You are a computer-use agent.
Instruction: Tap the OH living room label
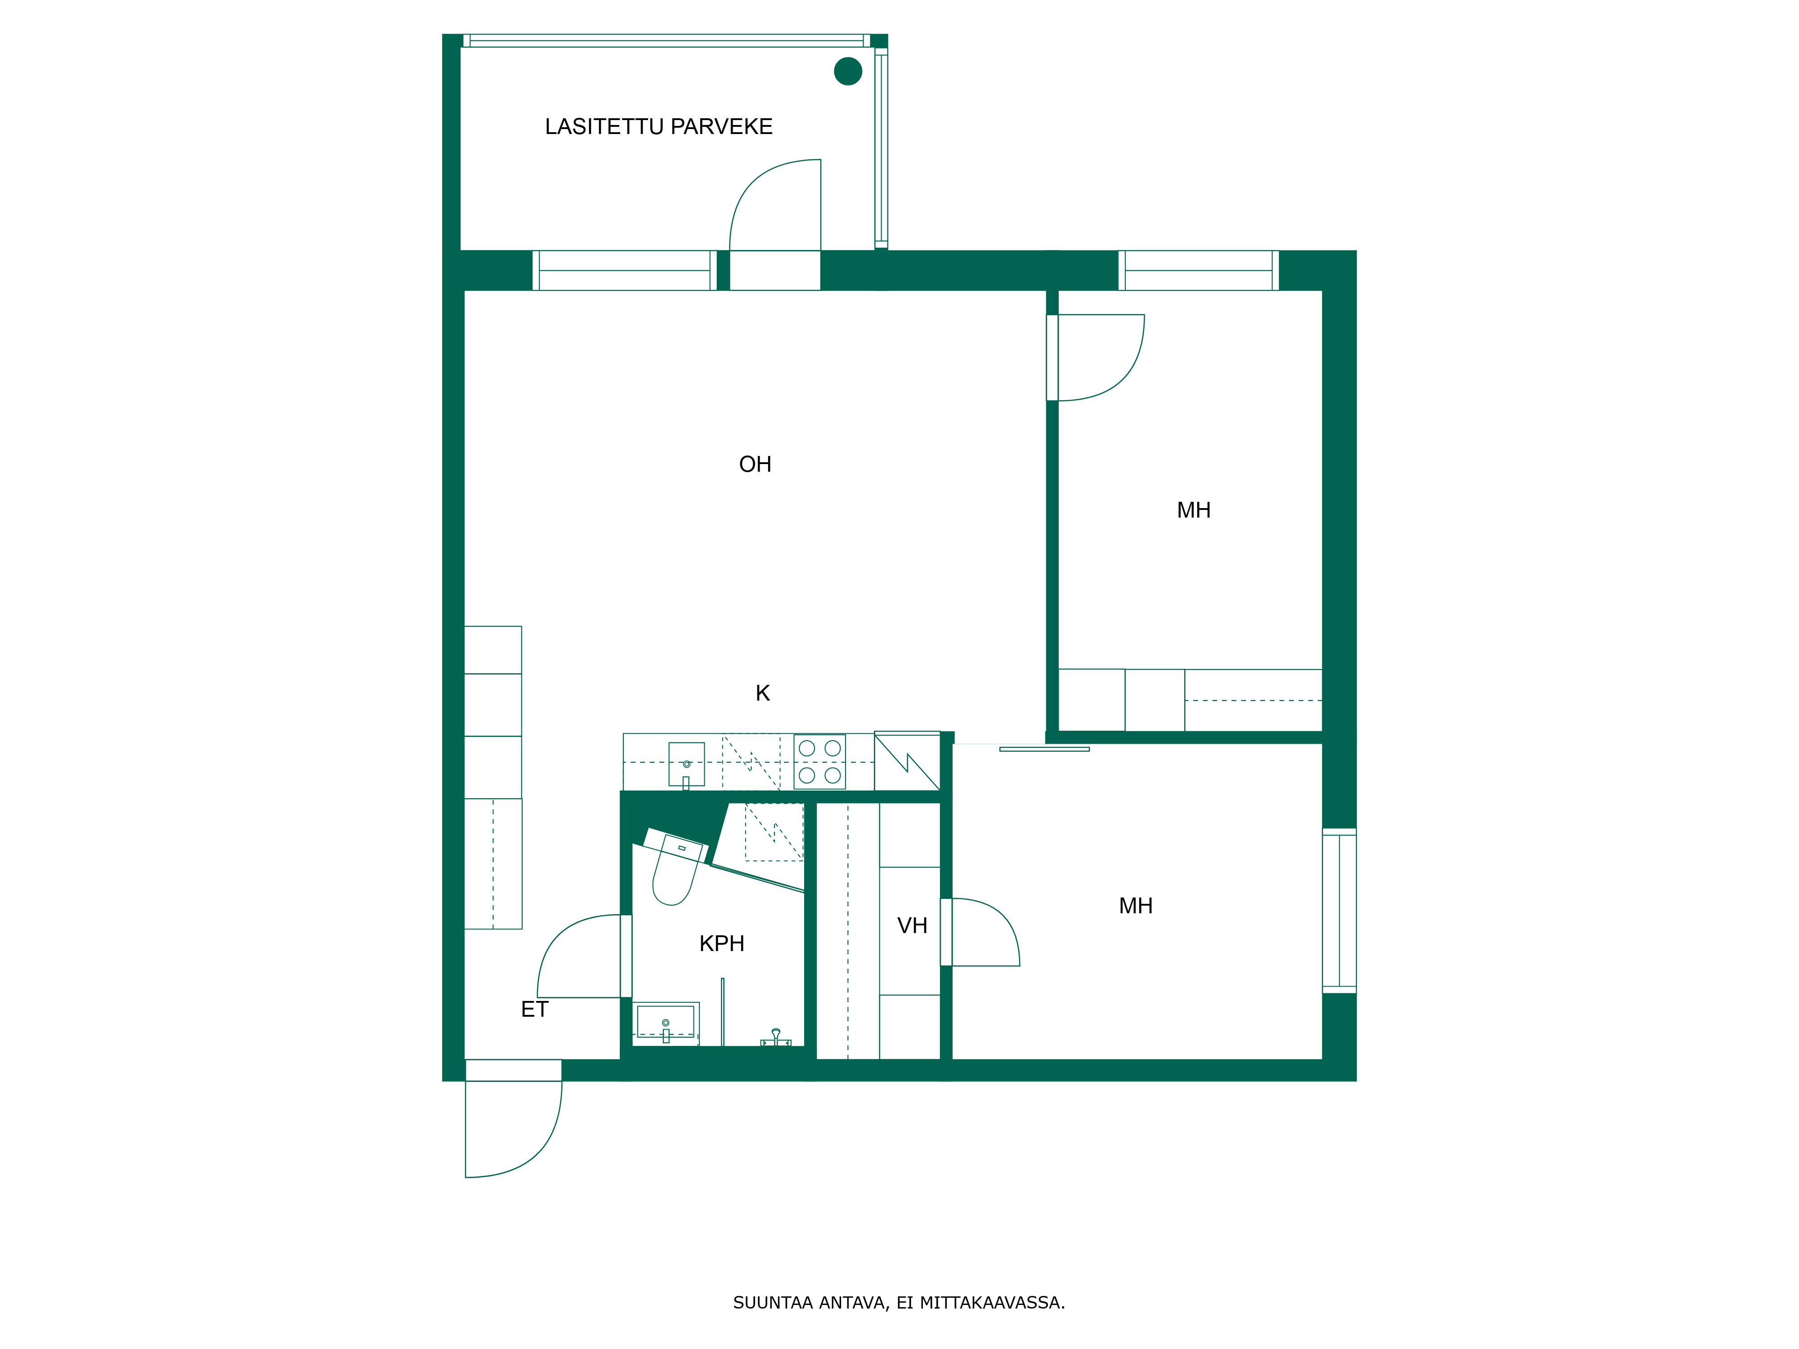point(755,465)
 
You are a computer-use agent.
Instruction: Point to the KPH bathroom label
point(721,943)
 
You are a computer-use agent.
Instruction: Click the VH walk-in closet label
point(912,925)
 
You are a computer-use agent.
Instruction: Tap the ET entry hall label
point(534,1009)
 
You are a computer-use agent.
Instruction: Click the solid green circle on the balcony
point(847,71)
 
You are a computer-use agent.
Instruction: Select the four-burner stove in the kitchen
point(819,762)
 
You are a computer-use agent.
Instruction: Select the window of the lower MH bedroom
point(1338,911)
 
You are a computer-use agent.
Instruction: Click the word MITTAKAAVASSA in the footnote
point(991,1303)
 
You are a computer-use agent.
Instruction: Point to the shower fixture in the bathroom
point(776,1037)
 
